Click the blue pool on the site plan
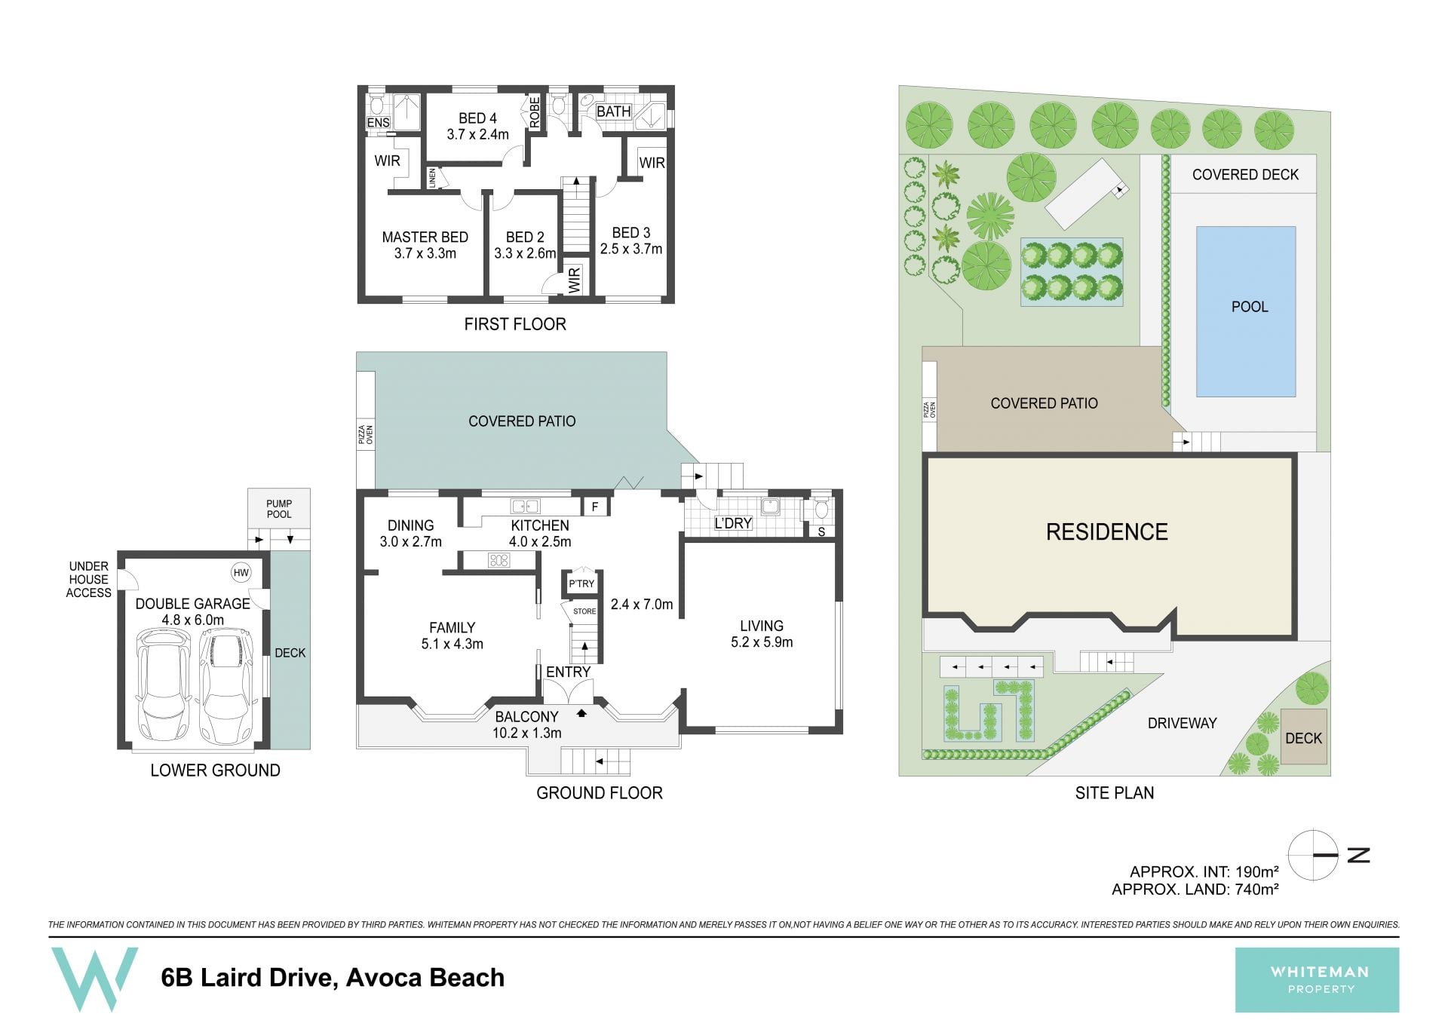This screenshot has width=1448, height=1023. click(1246, 311)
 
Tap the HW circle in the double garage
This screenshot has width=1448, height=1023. click(241, 573)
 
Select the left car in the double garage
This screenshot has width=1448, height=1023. click(162, 686)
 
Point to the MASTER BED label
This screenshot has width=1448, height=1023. click(425, 237)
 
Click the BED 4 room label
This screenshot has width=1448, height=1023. click(477, 118)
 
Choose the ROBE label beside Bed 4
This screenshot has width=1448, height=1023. click(535, 112)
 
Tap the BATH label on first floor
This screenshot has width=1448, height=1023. click(613, 112)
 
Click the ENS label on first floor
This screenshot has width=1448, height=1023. click(378, 123)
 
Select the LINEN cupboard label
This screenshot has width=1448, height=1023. click(432, 178)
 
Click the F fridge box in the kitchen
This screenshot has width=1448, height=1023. click(595, 507)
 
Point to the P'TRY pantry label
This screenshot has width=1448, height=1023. click(581, 583)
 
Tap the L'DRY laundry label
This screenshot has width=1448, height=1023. click(733, 523)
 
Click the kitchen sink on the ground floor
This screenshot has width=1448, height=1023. click(524, 507)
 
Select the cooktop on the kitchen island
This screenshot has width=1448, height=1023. click(499, 560)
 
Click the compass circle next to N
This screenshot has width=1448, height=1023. click(1313, 855)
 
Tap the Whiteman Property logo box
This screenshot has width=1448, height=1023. click(1317, 980)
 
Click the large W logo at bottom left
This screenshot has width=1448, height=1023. click(94, 979)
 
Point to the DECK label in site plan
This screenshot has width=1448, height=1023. click(1303, 738)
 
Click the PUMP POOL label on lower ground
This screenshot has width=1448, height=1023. click(279, 509)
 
